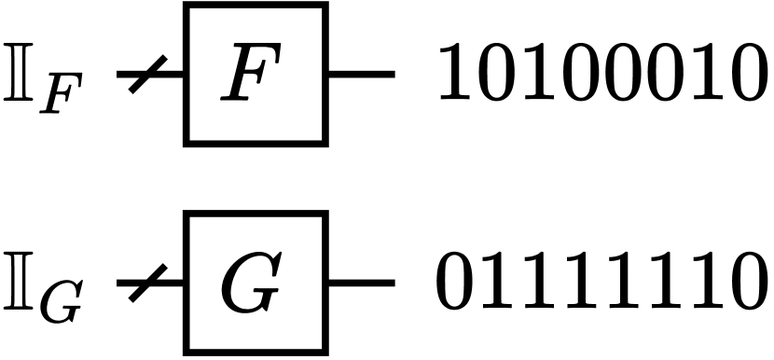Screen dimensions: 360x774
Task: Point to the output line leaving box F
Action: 361,74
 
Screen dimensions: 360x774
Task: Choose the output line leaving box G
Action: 361,283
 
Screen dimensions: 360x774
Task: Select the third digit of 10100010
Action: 542,73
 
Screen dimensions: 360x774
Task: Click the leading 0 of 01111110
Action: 458,282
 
